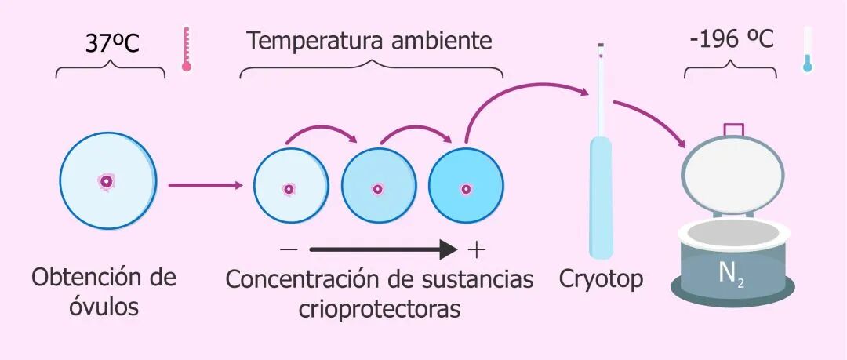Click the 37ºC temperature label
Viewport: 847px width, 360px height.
pyautogui.click(x=111, y=43)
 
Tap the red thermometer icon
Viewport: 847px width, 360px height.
pyautogui.click(x=187, y=50)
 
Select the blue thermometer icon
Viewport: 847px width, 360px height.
pyautogui.click(x=807, y=50)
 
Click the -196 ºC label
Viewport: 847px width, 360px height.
pyautogui.click(x=730, y=39)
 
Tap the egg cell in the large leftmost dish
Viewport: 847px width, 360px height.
pyautogui.click(x=106, y=181)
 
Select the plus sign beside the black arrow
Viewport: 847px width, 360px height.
pyautogui.click(x=476, y=250)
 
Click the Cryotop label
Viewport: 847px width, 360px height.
pyautogui.click(x=601, y=278)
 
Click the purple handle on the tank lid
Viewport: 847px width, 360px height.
pyautogui.click(x=733, y=129)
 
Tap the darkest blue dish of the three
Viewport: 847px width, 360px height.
pyautogui.click(x=466, y=188)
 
